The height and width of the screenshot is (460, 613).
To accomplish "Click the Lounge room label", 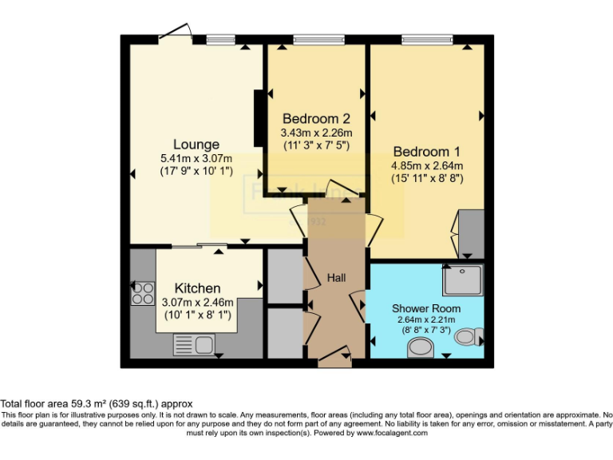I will point(196,145).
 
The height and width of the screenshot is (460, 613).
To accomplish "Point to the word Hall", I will point(336,277).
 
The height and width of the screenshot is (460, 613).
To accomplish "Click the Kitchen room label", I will point(197,287).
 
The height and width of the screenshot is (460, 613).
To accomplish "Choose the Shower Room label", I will point(425,308).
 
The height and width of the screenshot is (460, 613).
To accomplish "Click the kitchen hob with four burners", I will point(144,293).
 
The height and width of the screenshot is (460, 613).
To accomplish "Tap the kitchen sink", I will point(193,344).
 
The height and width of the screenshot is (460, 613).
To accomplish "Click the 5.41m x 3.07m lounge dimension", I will point(196,158).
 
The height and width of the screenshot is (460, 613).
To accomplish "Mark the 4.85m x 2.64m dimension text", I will point(426,165).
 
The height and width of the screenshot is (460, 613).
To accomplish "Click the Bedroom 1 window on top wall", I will point(426,39).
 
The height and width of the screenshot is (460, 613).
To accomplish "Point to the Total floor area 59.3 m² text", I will point(96,403).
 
